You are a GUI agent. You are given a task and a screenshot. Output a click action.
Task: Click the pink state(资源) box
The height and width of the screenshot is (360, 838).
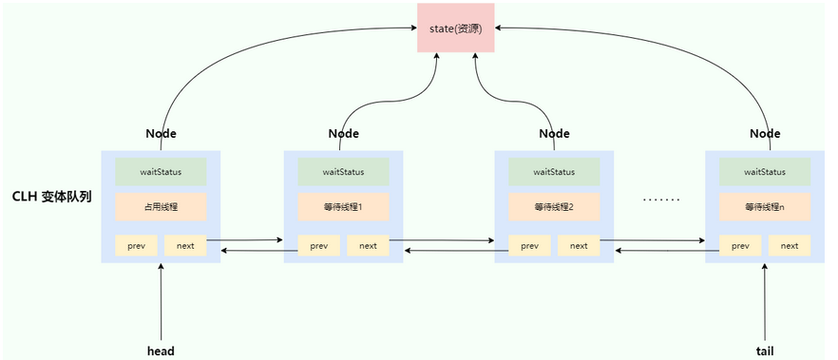(456, 28)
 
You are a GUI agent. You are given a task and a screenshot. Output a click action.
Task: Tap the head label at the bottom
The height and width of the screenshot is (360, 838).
(161, 351)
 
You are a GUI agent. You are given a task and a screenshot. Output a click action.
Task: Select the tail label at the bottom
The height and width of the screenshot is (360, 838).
(765, 351)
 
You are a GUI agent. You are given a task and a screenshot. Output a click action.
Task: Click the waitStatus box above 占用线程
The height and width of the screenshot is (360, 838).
(161, 172)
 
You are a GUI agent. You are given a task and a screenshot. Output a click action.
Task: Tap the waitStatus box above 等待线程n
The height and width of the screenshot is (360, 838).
(765, 172)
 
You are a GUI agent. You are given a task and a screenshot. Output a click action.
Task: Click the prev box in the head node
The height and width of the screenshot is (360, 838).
(136, 245)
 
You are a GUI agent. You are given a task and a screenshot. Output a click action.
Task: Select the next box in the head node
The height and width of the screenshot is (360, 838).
(185, 245)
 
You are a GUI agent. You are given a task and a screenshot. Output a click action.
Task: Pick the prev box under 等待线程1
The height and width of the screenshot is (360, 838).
(318, 245)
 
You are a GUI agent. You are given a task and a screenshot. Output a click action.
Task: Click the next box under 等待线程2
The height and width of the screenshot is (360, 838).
(579, 245)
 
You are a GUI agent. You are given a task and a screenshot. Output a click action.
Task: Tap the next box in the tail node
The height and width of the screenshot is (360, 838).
(790, 245)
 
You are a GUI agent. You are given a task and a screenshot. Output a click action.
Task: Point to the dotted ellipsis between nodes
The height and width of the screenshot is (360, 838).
(661, 200)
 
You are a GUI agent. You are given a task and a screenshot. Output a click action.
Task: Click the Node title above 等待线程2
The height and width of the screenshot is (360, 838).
(554, 134)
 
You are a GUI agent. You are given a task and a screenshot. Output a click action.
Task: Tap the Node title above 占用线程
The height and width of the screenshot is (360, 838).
(161, 134)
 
